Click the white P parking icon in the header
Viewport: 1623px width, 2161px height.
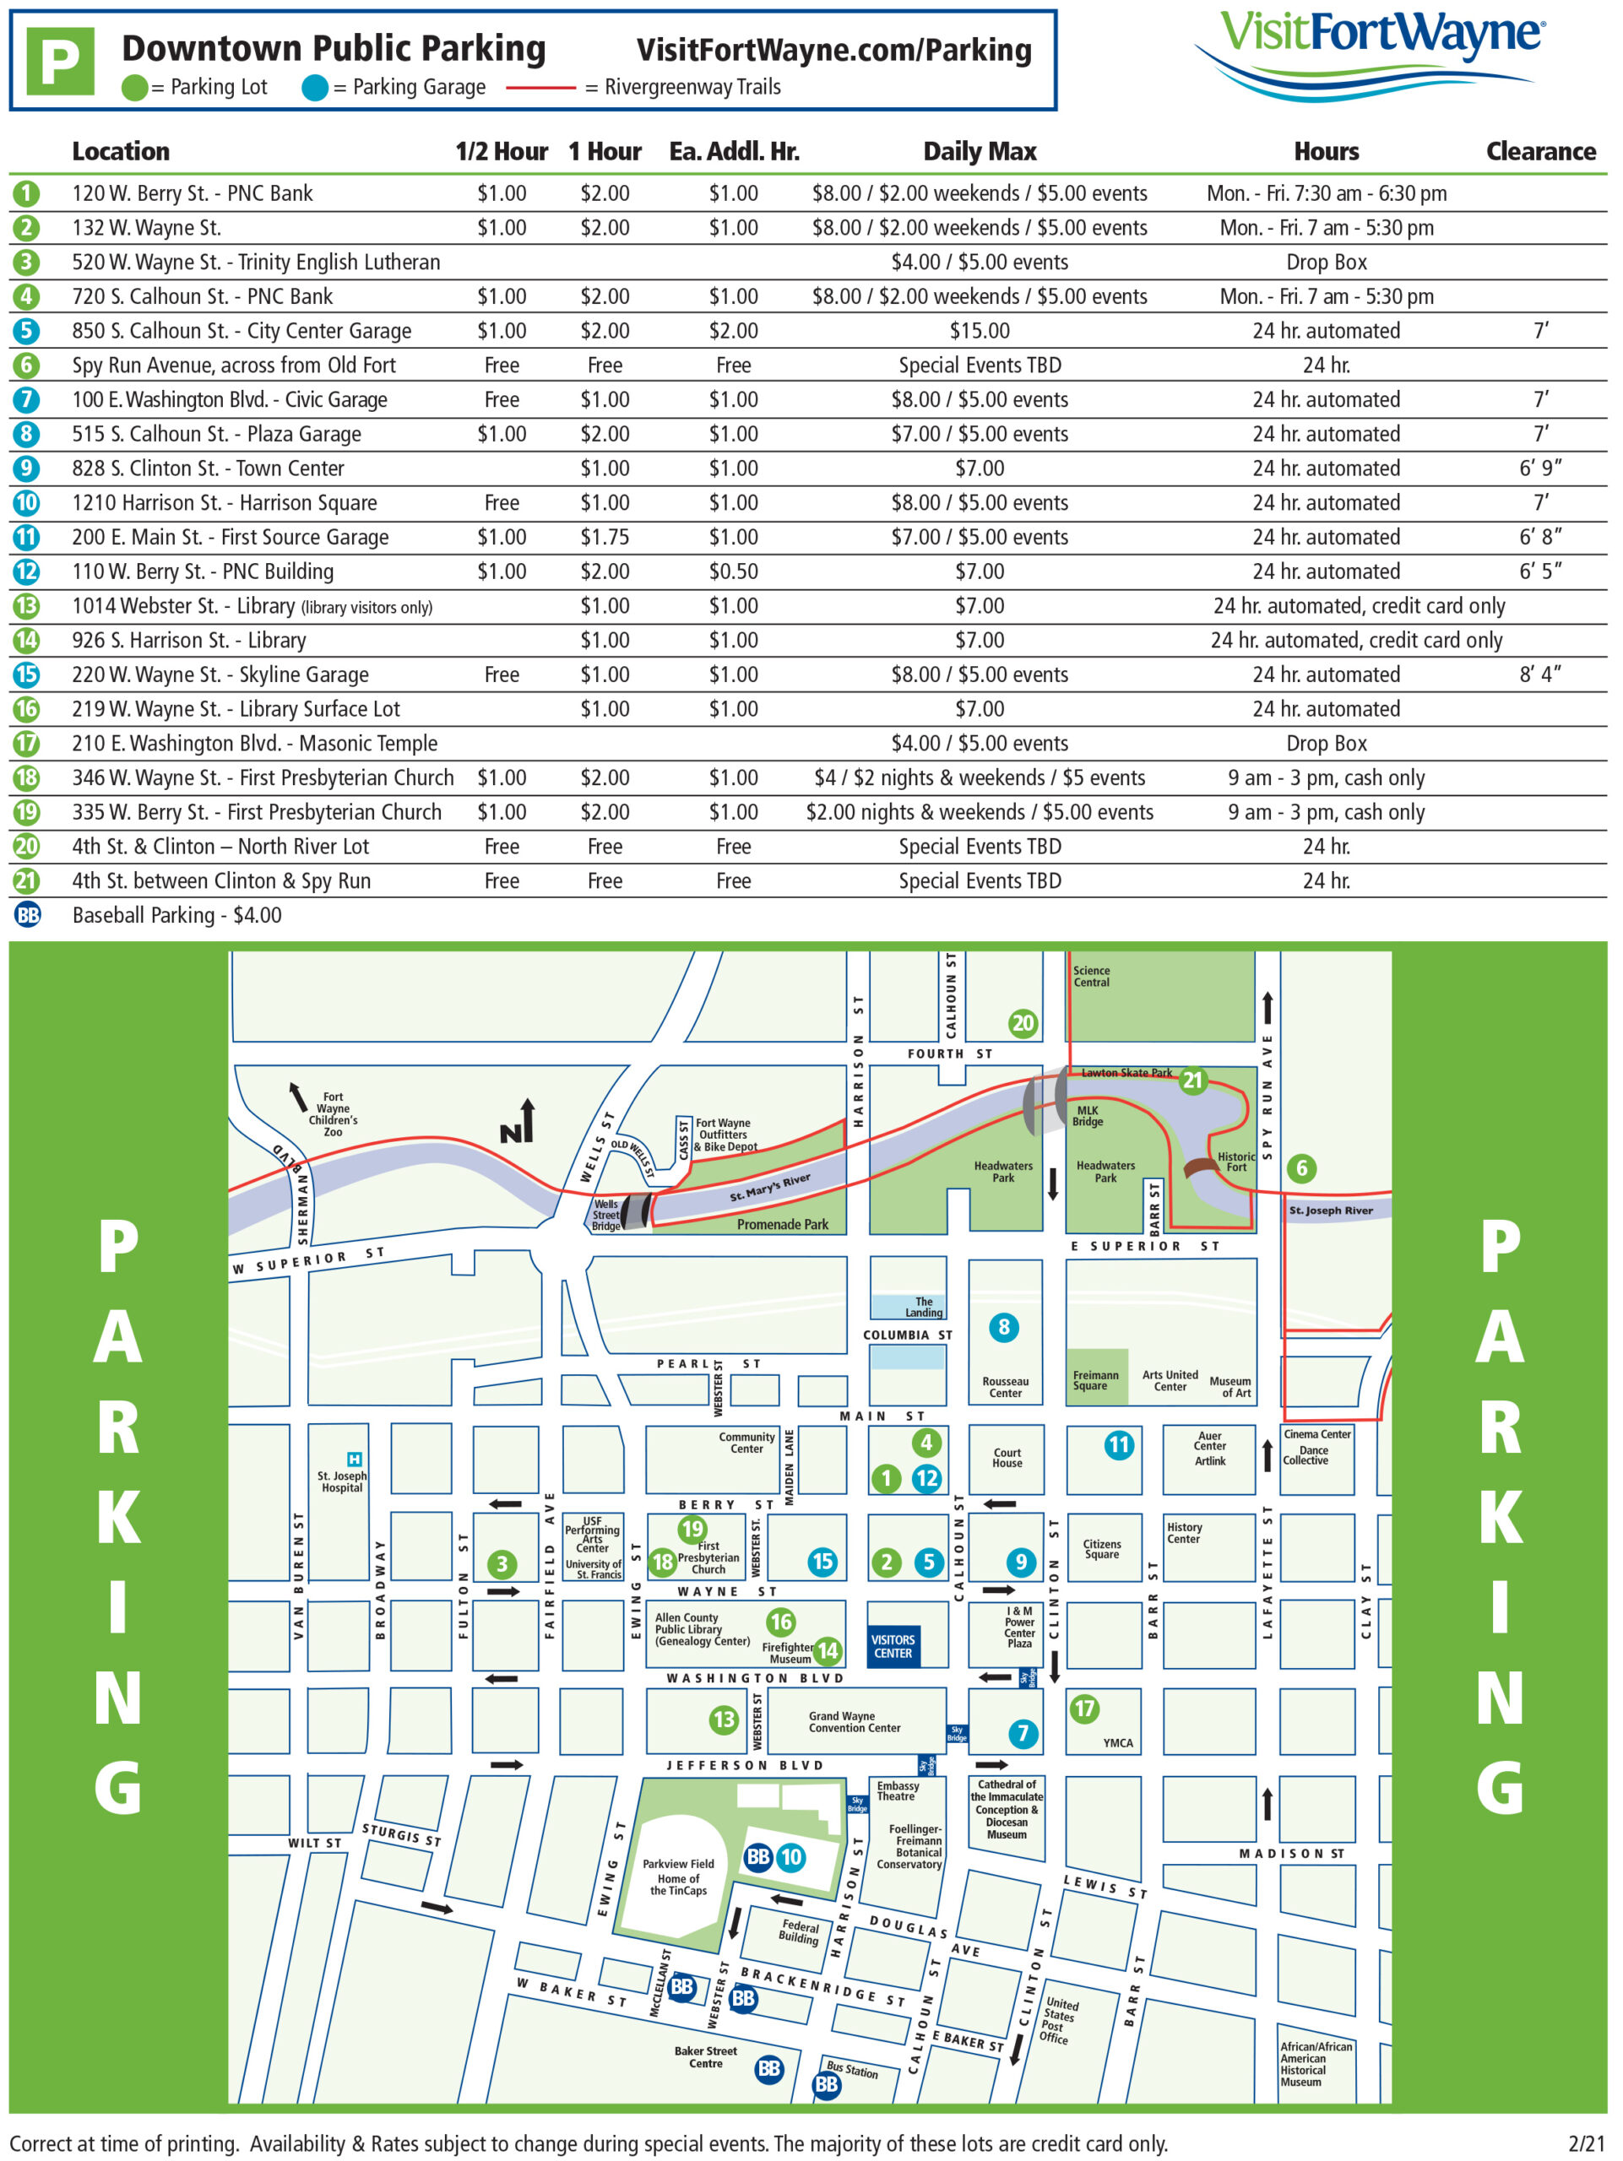pyautogui.click(x=60, y=62)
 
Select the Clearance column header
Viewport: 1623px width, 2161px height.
pyautogui.click(x=1540, y=151)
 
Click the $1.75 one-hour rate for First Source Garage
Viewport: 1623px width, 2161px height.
pyautogui.click(x=605, y=538)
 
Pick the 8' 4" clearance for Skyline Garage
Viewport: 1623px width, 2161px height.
pyautogui.click(x=1540, y=674)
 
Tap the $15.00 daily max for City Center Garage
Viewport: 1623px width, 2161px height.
pyautogui.click(x=979, y=331)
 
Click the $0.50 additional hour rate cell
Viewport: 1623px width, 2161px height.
pyautogui.click(x=733, y=571)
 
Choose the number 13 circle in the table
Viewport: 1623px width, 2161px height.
pyautogui.click(x=26, y=606)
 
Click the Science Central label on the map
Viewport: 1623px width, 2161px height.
pyautogui.click(x=1092, y=976)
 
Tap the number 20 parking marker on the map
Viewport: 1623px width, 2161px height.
pyautogui.click(x=1022, y=1023)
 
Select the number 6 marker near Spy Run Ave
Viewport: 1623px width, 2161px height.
pyautogui.click(x=1300, y=1167)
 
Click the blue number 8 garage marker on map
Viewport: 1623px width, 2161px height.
pyautogui.click(x=1003, y=1327)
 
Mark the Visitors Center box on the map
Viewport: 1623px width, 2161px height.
pyautogui.click(x=893, y=1646)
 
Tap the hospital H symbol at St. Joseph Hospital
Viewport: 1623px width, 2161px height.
pyautogui.click(x=355, y=1460)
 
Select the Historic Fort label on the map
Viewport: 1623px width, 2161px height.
pyautogui.click(x=1236, y=1162)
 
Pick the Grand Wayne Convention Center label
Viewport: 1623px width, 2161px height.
pyautogui.click(x=854, y=1721)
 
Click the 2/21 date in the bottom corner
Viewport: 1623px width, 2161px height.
pyautogui.click(x=1586, y=2143)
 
